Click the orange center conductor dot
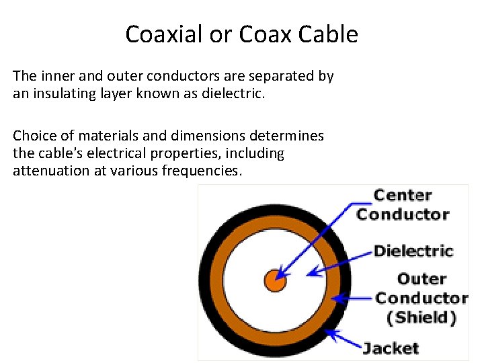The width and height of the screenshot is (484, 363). click(275, 280)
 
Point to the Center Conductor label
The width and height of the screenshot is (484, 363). click(402, 205)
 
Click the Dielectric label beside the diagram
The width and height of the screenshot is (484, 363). click(413, 251)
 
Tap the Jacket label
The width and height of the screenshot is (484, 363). click(391, 348)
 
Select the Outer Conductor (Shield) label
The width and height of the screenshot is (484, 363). click(421, 298)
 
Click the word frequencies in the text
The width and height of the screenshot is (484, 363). click(201, 171)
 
